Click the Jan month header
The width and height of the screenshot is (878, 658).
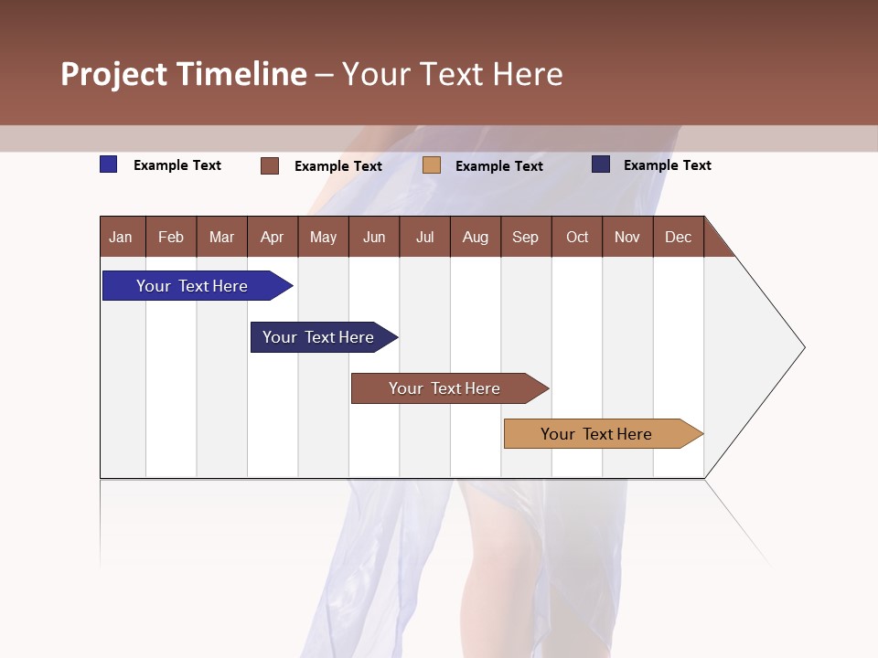122,237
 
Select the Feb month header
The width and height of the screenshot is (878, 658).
171,237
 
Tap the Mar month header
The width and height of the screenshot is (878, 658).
222,237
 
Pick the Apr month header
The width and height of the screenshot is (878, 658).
273,237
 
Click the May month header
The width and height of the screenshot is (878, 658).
323,237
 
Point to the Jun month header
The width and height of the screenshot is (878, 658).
374,237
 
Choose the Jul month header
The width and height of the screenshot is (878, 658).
424,237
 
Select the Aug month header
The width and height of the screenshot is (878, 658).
476,237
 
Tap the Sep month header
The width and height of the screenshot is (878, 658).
526,237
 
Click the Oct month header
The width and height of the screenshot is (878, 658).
577,237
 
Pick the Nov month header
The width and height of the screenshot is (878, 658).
627,237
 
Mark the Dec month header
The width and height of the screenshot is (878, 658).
679,237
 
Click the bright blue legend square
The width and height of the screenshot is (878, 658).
109,164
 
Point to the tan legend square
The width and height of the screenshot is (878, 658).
432,165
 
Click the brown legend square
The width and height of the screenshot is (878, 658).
270,165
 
